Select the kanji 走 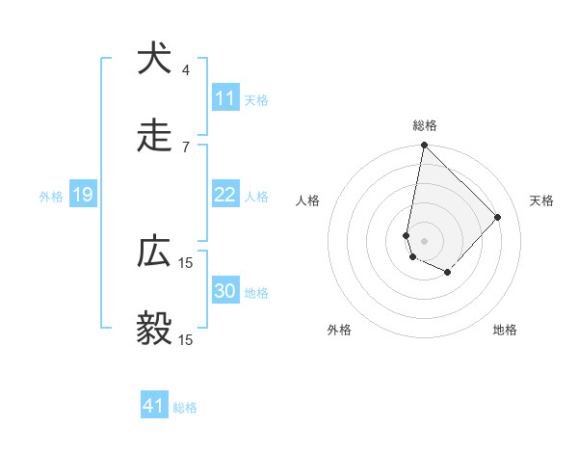tap(154, 136)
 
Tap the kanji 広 tap(154, 252)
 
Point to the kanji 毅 tap(154, 330)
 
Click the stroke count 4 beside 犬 tap(186, 69)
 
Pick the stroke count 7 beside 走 tap(186, 147)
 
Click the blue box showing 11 tap(224, 98)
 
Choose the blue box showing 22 tap(224, 195)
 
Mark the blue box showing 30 tap(224, 291)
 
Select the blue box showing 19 tap(83, 195)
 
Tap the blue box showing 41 tap(154, 406)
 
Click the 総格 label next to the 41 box tap(185, 408)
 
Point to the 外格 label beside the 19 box tap(51, 197)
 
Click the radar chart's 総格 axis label tap(424, 125)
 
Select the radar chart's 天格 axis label tap(541, 200)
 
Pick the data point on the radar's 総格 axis tap(424, 147)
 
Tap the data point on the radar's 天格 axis tap(498, 217)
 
